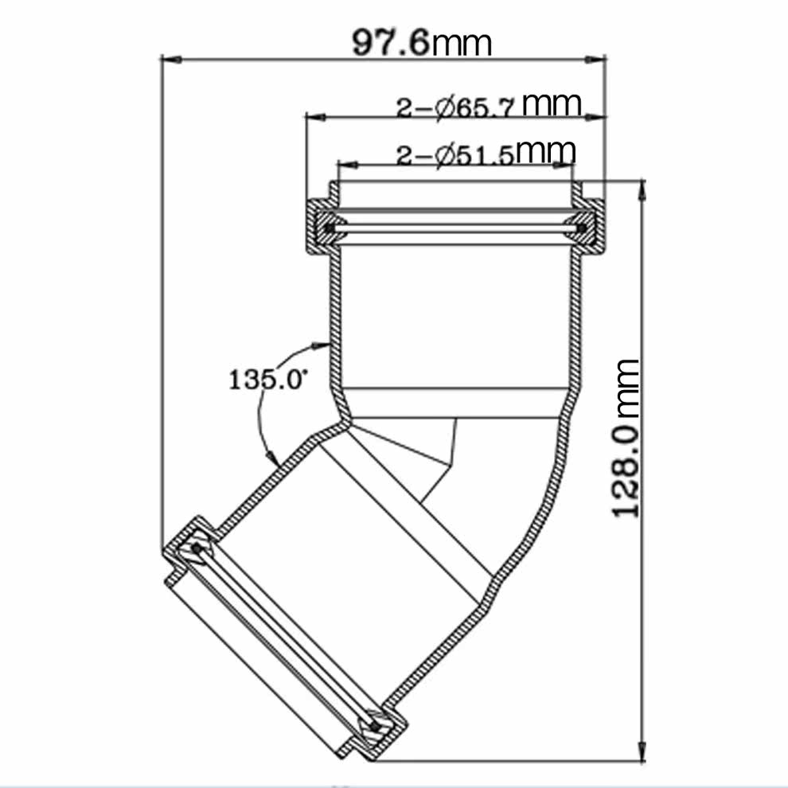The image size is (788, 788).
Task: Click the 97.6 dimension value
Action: pyautogui.click(x=391, y=43)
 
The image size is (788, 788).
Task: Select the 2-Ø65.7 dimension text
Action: pyautogui.click(x=456, y=107)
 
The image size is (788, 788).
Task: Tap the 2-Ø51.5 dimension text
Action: pyautogui.click(x=455, y=155)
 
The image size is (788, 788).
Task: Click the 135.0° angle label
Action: pyautogui.click(x=267, y=379)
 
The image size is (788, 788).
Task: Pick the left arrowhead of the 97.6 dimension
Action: pyautogui.click(x=171, y=60)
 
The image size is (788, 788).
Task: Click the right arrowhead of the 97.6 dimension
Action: pyautogui.click(x=595, y=60)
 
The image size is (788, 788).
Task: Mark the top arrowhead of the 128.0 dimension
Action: pyautogui.click(x=642, y=190)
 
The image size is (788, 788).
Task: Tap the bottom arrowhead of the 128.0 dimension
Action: pyautogui.click(x=642, y=751)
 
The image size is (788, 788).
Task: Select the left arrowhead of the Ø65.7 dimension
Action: pyautogui.click(x=317, y=117)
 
